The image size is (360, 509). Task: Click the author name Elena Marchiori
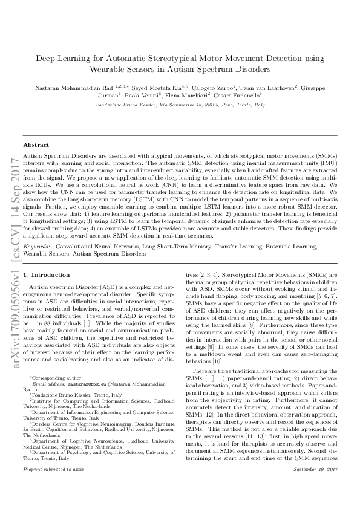click(x=189, y=96)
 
